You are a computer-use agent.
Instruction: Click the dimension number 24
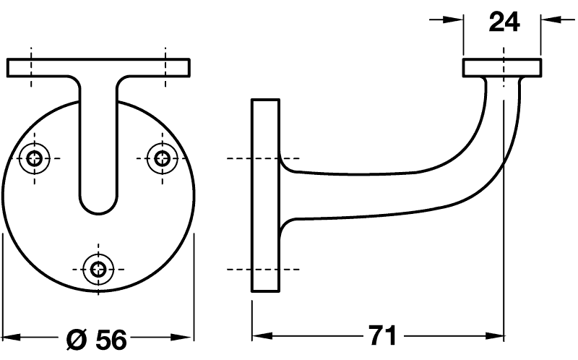[x=504, y=22]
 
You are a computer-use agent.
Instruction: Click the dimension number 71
[x=382, y=335]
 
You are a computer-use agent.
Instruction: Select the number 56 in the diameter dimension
[x=111, y=339]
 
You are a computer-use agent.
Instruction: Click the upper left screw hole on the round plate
[x=34, y=158]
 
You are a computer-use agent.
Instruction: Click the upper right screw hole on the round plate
[x=162, y=158]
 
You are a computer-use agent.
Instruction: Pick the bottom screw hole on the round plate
[x=98, y=269]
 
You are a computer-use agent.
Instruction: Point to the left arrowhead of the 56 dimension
[x=12, y=337]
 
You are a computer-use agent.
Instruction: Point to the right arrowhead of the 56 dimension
[x=184, y=337]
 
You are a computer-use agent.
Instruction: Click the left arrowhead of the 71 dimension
[x=262, y=335]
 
